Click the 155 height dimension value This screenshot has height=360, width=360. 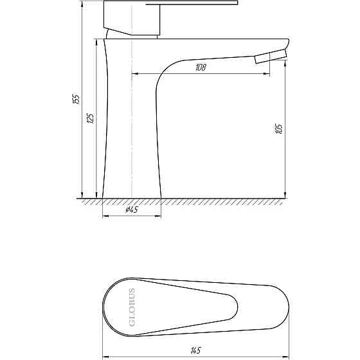click(x=76, y=99)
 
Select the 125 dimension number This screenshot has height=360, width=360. click(x=91, y=118)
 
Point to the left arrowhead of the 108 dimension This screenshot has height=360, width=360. click(x=134, y=73)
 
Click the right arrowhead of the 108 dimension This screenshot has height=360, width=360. click(x=267, y=73)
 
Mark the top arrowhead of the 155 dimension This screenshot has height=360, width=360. click(x=82, y=4)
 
